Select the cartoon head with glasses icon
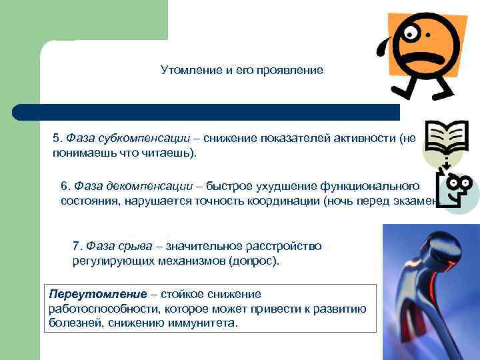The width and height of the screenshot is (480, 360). [453, 189]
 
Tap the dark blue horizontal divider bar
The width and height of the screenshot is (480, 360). [207, 112]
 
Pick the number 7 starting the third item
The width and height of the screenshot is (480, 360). [76, 246]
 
